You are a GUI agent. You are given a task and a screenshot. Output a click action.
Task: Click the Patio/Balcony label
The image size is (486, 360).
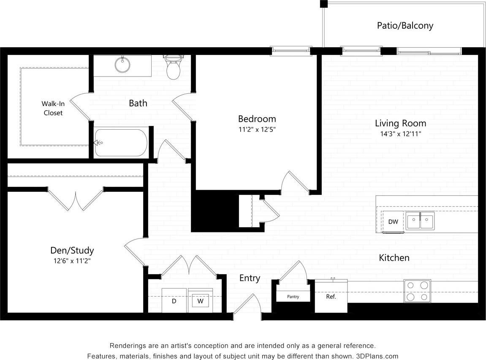coord(405,25)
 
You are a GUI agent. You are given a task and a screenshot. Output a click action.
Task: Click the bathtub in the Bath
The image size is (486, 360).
coord(121,143)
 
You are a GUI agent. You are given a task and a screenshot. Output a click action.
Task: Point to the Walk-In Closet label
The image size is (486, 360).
coord(53,108)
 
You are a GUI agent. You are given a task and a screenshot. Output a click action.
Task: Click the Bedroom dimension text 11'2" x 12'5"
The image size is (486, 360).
coord(257,130)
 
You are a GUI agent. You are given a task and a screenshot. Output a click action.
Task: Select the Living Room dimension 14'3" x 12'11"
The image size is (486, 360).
coord(400,134)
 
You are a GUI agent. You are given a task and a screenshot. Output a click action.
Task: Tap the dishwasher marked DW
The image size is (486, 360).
coord(393,222)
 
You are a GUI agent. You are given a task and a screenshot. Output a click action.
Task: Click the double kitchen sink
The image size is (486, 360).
coord(420,221)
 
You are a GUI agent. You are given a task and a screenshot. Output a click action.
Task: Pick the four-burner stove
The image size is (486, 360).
coord(417,291)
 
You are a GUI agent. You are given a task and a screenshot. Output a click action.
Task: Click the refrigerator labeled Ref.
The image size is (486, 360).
coord(331,297)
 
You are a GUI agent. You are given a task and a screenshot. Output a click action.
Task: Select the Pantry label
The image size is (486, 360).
coord(293,297)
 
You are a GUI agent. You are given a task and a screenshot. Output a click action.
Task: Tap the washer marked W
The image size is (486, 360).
coord(201,301)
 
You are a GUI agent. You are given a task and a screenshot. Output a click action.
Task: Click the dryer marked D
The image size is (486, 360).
coord(174,301)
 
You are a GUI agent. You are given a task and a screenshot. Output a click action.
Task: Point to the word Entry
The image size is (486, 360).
coord(250,278)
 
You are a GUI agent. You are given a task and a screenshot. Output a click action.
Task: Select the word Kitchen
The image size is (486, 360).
coord(394,257)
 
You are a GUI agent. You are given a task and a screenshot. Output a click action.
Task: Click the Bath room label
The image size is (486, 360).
coord(138,103)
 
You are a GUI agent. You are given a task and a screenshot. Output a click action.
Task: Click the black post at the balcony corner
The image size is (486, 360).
coord(323,4)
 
